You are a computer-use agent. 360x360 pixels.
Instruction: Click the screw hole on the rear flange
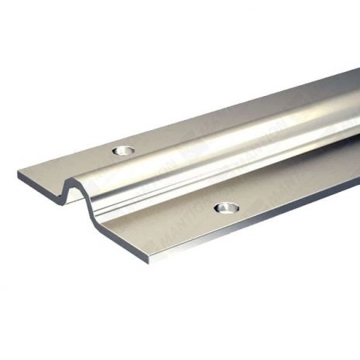coord(122,149)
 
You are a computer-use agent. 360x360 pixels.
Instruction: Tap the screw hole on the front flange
coord(226,207)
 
